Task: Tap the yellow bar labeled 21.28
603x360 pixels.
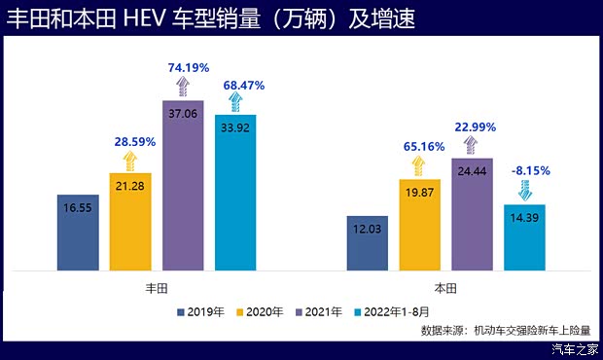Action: [130, 221]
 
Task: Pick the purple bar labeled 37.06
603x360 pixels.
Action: [183, 185]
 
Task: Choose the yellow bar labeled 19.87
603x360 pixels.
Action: [420, 224]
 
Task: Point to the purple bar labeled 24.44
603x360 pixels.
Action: [473, 213]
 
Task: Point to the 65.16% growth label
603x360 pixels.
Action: [420, 147]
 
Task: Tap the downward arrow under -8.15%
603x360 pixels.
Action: [525, 188]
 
